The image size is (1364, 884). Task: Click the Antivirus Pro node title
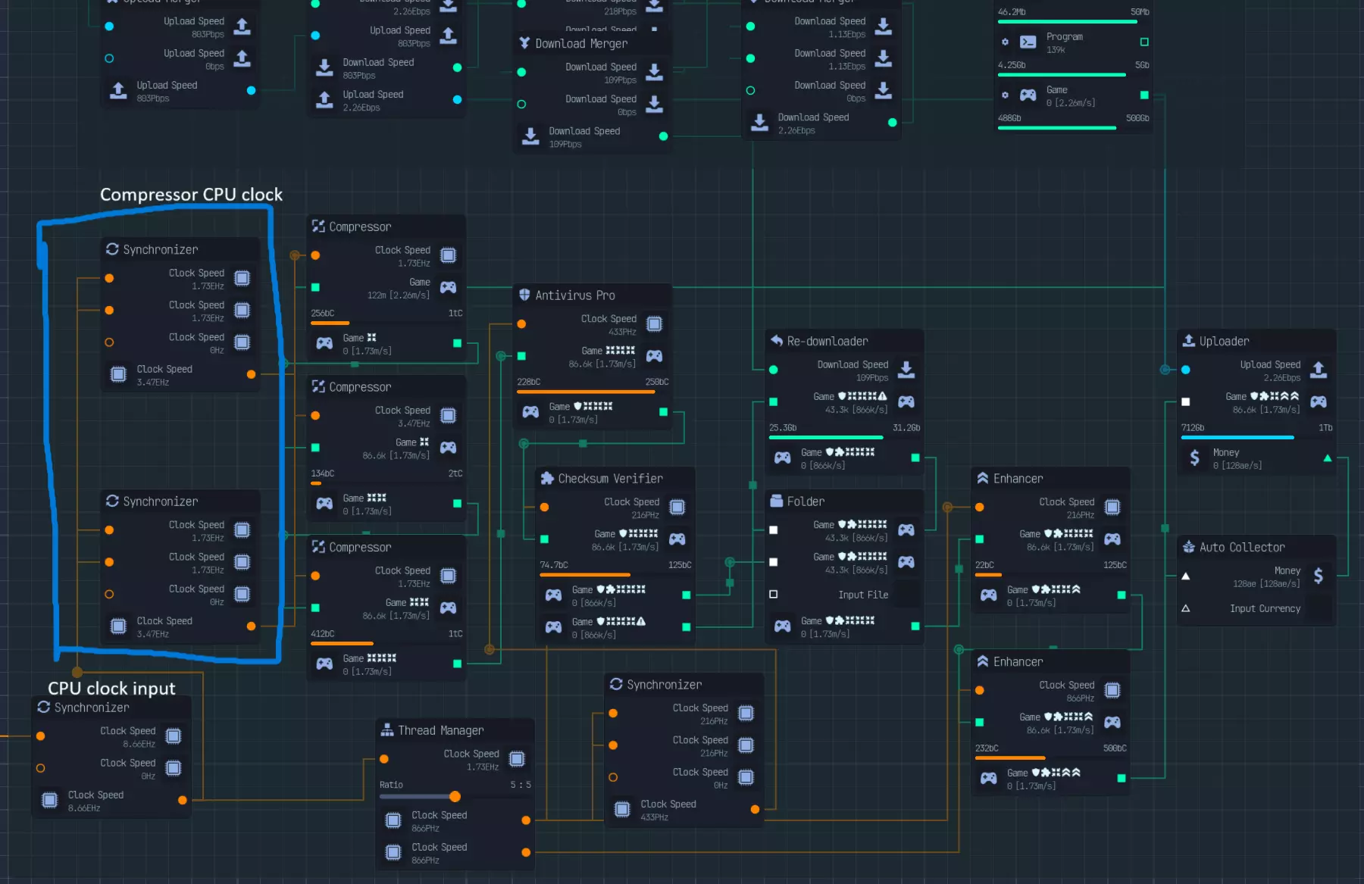tap(574, 295)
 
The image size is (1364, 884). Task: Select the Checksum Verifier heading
tap(610, 479)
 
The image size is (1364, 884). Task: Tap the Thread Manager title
tap(440, 730)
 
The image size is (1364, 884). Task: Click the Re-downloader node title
tap(827, 342)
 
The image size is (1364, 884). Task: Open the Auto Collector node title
tap(1241, 548)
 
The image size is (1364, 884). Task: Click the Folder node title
tap(806, 501)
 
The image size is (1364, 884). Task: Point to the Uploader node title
tap(1224, 342)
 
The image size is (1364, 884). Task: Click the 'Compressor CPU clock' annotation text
tap(191, 195)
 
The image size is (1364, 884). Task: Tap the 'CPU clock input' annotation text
tap(111, 688)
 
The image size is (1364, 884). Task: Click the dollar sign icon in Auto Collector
tap(1319, 576)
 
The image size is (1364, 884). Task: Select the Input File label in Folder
tap(863, 595)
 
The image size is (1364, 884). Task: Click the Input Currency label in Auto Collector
tap(1265, 608)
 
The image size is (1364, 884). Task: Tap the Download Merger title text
tap(581, 44)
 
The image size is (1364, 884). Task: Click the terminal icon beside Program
tap(1028, 42)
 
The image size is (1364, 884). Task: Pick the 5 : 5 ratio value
tap(521, 785)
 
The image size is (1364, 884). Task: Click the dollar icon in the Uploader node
tap(1194, 458)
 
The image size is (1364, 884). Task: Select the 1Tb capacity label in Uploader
tap(1325, 428)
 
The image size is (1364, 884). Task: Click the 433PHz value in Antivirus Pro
tap(622, 332)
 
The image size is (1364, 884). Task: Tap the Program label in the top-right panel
tap(1064, 36)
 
